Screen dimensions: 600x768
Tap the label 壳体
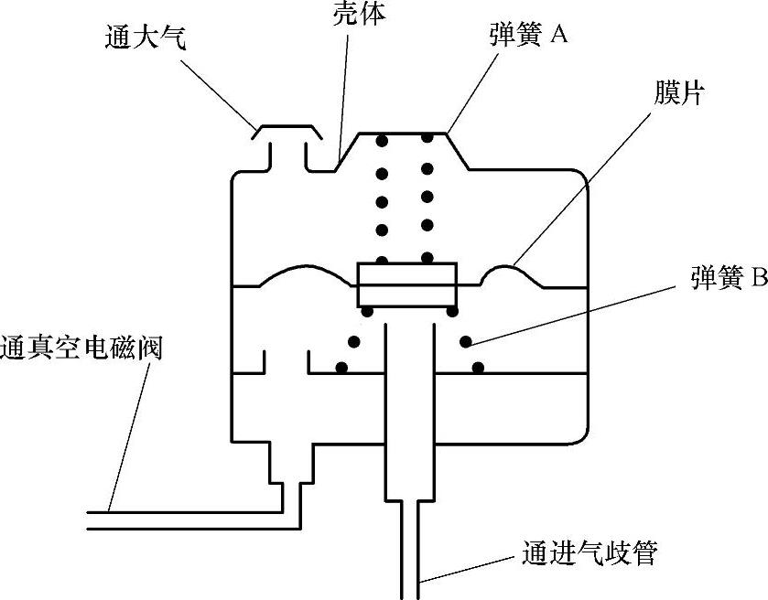(353, 13)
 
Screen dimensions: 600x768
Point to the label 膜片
(677, 93)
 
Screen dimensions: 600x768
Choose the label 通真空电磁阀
(81, 348)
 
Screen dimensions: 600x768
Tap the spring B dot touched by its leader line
(465, 342)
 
